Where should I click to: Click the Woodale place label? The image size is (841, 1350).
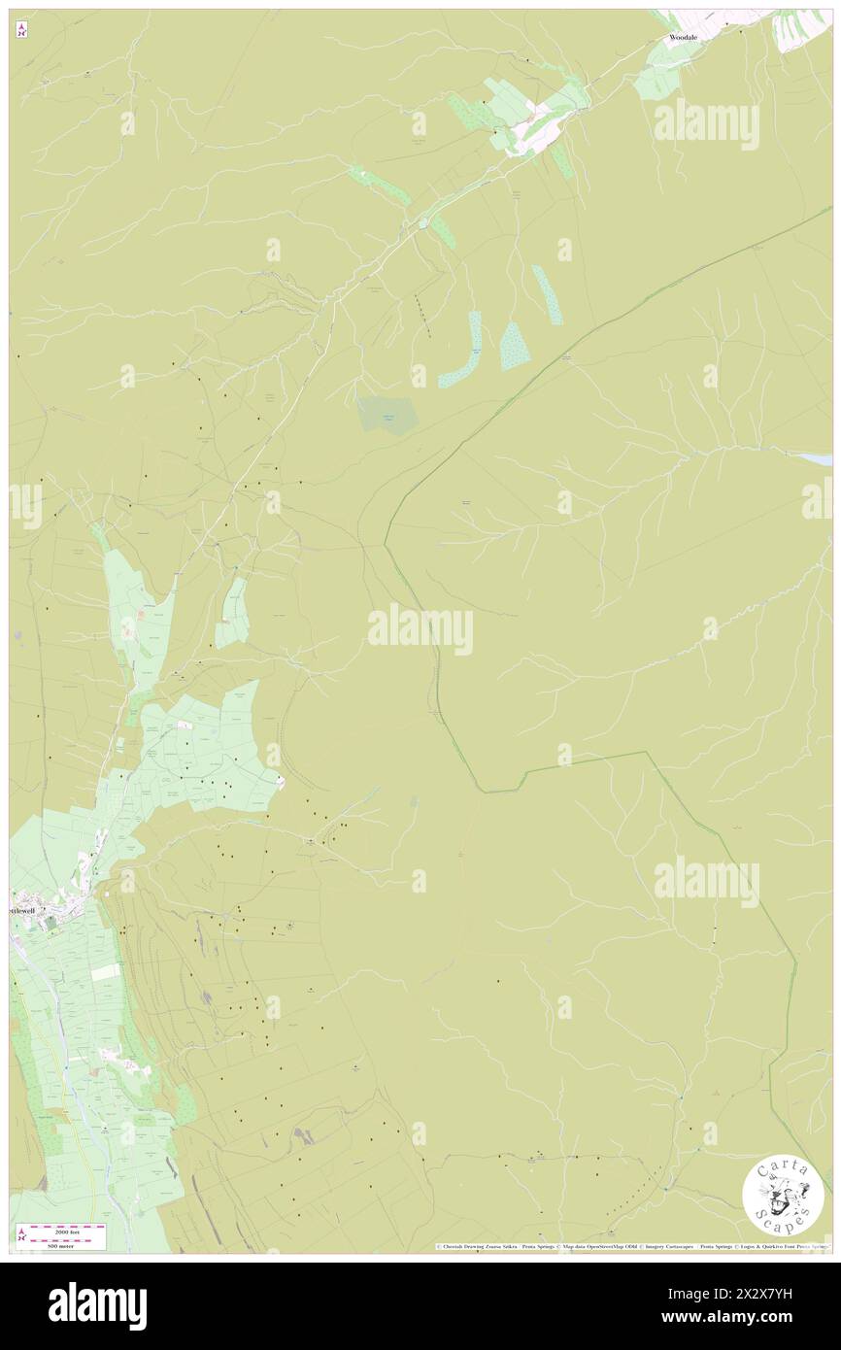click(683, 38)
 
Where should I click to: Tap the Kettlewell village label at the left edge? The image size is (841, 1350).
click(25, 912)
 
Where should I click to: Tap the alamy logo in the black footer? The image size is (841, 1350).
click(97, 1305)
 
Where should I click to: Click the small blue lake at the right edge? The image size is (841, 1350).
click(814, 457)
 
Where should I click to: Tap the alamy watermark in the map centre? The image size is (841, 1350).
click(420, 629)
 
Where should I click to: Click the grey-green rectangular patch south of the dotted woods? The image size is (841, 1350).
click(387, 415)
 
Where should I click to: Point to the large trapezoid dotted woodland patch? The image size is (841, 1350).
click(515, 346)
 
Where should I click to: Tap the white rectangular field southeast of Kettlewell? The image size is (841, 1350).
click(105, 971)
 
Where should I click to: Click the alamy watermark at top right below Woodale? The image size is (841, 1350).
click(706, 123)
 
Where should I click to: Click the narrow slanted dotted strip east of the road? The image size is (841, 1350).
click(546, 294)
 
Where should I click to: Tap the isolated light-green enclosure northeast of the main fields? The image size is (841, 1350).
click(232, 612)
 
